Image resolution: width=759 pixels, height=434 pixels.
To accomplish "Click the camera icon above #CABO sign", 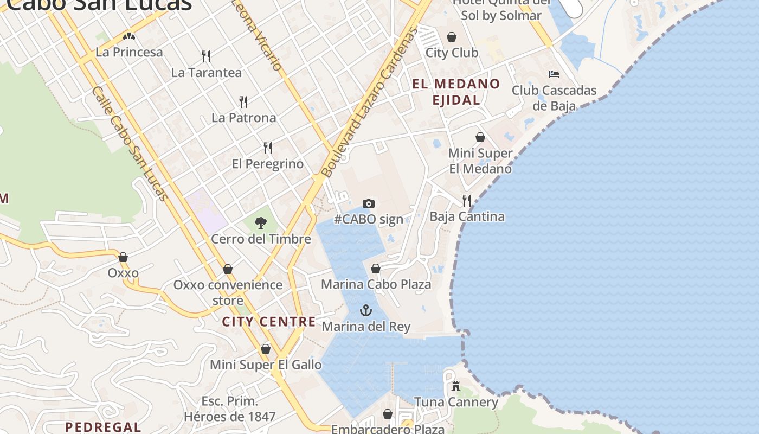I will click(369, 203).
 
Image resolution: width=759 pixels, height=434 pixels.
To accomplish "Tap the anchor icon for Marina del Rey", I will click(366, 310).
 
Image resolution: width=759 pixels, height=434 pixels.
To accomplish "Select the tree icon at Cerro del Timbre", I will click(261, 222).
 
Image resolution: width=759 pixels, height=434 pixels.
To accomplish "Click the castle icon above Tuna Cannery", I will click(456, 386).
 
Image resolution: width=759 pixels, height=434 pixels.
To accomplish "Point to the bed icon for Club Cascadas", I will click(554, 74).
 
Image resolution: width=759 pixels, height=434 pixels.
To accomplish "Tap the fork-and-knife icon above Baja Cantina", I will click(467, 200).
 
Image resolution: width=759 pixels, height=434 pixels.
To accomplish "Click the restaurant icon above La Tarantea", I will click(206, 56).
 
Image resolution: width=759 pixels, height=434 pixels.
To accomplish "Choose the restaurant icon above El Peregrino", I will click(268, 148).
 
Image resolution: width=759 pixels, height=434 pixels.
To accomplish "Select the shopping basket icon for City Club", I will click(452, 37).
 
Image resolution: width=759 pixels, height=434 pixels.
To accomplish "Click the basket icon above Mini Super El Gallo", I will click(266, 349).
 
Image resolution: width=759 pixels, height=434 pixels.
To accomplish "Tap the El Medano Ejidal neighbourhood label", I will click(456, 92).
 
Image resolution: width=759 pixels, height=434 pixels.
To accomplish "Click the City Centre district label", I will click(269, 322).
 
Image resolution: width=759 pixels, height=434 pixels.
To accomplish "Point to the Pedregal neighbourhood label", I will click(103, 427).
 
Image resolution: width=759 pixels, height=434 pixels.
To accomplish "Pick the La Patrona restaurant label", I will click(243, 118).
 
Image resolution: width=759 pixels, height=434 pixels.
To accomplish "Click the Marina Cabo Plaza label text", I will click(376, 284).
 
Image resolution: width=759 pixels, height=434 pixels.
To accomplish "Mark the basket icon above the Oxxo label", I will click(123, 257).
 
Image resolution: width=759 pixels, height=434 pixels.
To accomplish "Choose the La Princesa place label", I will click(129, 52).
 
